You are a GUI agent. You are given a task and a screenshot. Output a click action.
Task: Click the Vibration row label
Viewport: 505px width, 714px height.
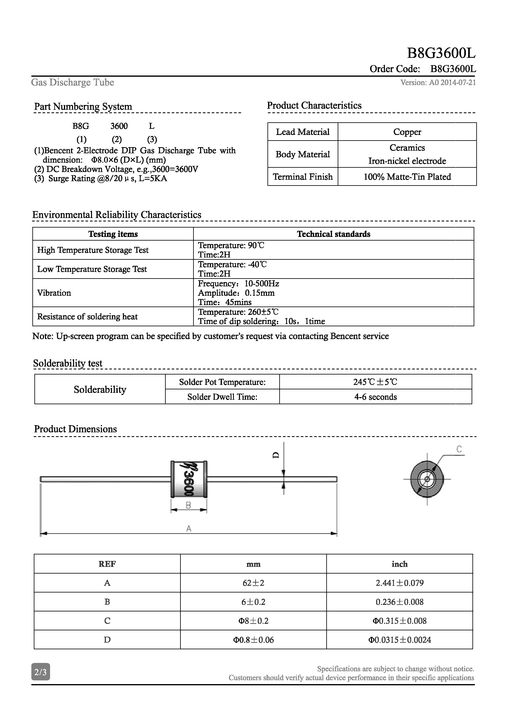(x=54, y=293)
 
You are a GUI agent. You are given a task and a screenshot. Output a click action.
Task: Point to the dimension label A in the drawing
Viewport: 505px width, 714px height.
(x=188, y=528)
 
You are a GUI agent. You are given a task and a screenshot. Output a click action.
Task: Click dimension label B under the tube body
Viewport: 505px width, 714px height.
(x=188, y=505)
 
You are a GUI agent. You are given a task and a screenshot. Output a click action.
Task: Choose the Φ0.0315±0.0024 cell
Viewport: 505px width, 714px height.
(x=399, y=640)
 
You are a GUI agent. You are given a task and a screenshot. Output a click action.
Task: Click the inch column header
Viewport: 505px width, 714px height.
(x=399, y=564)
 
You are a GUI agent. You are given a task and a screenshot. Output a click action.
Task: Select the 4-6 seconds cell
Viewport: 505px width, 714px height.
(x=375, y=397)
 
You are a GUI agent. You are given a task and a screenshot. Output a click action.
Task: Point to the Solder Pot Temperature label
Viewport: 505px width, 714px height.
(x=222, y=382)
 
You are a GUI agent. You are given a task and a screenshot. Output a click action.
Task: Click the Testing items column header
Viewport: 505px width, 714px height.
(x=113, y=234)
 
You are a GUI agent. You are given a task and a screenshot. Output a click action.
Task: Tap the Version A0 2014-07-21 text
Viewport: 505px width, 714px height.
(x=438, y=82)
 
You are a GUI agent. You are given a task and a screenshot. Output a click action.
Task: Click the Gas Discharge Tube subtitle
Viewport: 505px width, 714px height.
(x=72, y=82)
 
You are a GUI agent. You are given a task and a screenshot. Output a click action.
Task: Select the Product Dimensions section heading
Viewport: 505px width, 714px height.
(x=75, y=429)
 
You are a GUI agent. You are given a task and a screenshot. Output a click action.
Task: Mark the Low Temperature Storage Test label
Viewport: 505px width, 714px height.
(x=92, y=269)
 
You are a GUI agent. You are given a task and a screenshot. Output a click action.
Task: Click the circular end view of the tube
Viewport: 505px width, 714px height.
(x=427, y=479)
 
